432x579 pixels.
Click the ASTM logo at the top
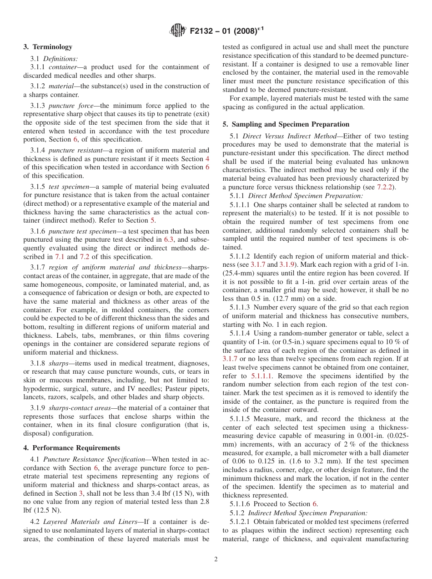click(x=178, y=30)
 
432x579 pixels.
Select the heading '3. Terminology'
click(x=48, y=47)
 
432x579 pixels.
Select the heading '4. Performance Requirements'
click(x=72, y=447)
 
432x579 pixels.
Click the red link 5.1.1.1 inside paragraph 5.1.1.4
click(x=264, y=376)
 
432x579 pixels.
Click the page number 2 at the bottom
click(x=216, y=559)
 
